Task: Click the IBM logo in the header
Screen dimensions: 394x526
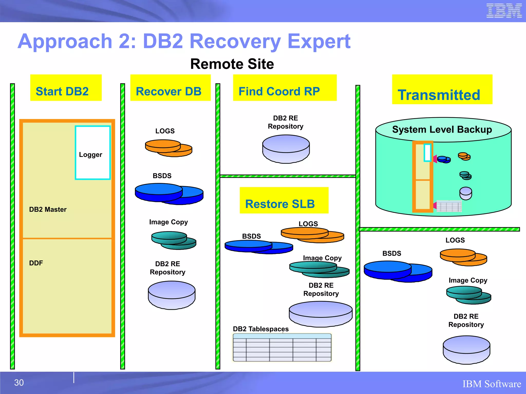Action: pos(504,11)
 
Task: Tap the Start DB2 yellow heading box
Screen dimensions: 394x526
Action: pos(66,88)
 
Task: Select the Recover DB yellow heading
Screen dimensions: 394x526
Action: pos(170,88)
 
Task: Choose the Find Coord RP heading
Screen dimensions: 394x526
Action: pos(285,88)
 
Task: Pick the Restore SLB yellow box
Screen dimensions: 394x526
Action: pos(284,200)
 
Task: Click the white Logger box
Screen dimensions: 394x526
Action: pos(93,153)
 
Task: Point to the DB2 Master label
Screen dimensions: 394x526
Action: pos(48,210)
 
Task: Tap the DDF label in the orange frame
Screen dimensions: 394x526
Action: pos(36,263)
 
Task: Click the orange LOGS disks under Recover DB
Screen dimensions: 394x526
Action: pos(168,148)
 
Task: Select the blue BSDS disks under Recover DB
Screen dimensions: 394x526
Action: pos(169,194)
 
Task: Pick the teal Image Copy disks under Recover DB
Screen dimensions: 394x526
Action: pos(174,240)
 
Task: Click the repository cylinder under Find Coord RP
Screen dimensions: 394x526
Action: pos(286,149)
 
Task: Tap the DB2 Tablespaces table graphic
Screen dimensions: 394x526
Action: pos(282,348)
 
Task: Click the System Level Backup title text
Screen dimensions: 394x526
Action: pos(442,130)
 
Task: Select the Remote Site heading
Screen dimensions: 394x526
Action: pos(232,64)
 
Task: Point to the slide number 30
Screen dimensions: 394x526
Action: pos(19,383)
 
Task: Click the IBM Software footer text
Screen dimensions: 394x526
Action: pos(492,384)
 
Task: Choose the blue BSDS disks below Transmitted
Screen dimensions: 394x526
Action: pos(398,271)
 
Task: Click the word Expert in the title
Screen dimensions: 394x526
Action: pos(319,42)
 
